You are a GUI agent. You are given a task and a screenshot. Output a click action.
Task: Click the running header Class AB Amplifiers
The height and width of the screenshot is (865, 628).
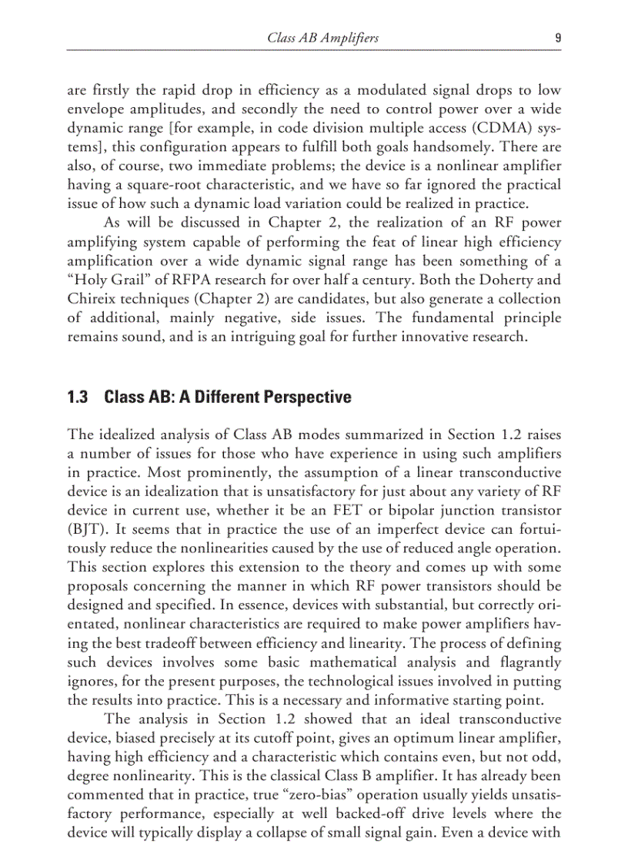coord(322,37)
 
